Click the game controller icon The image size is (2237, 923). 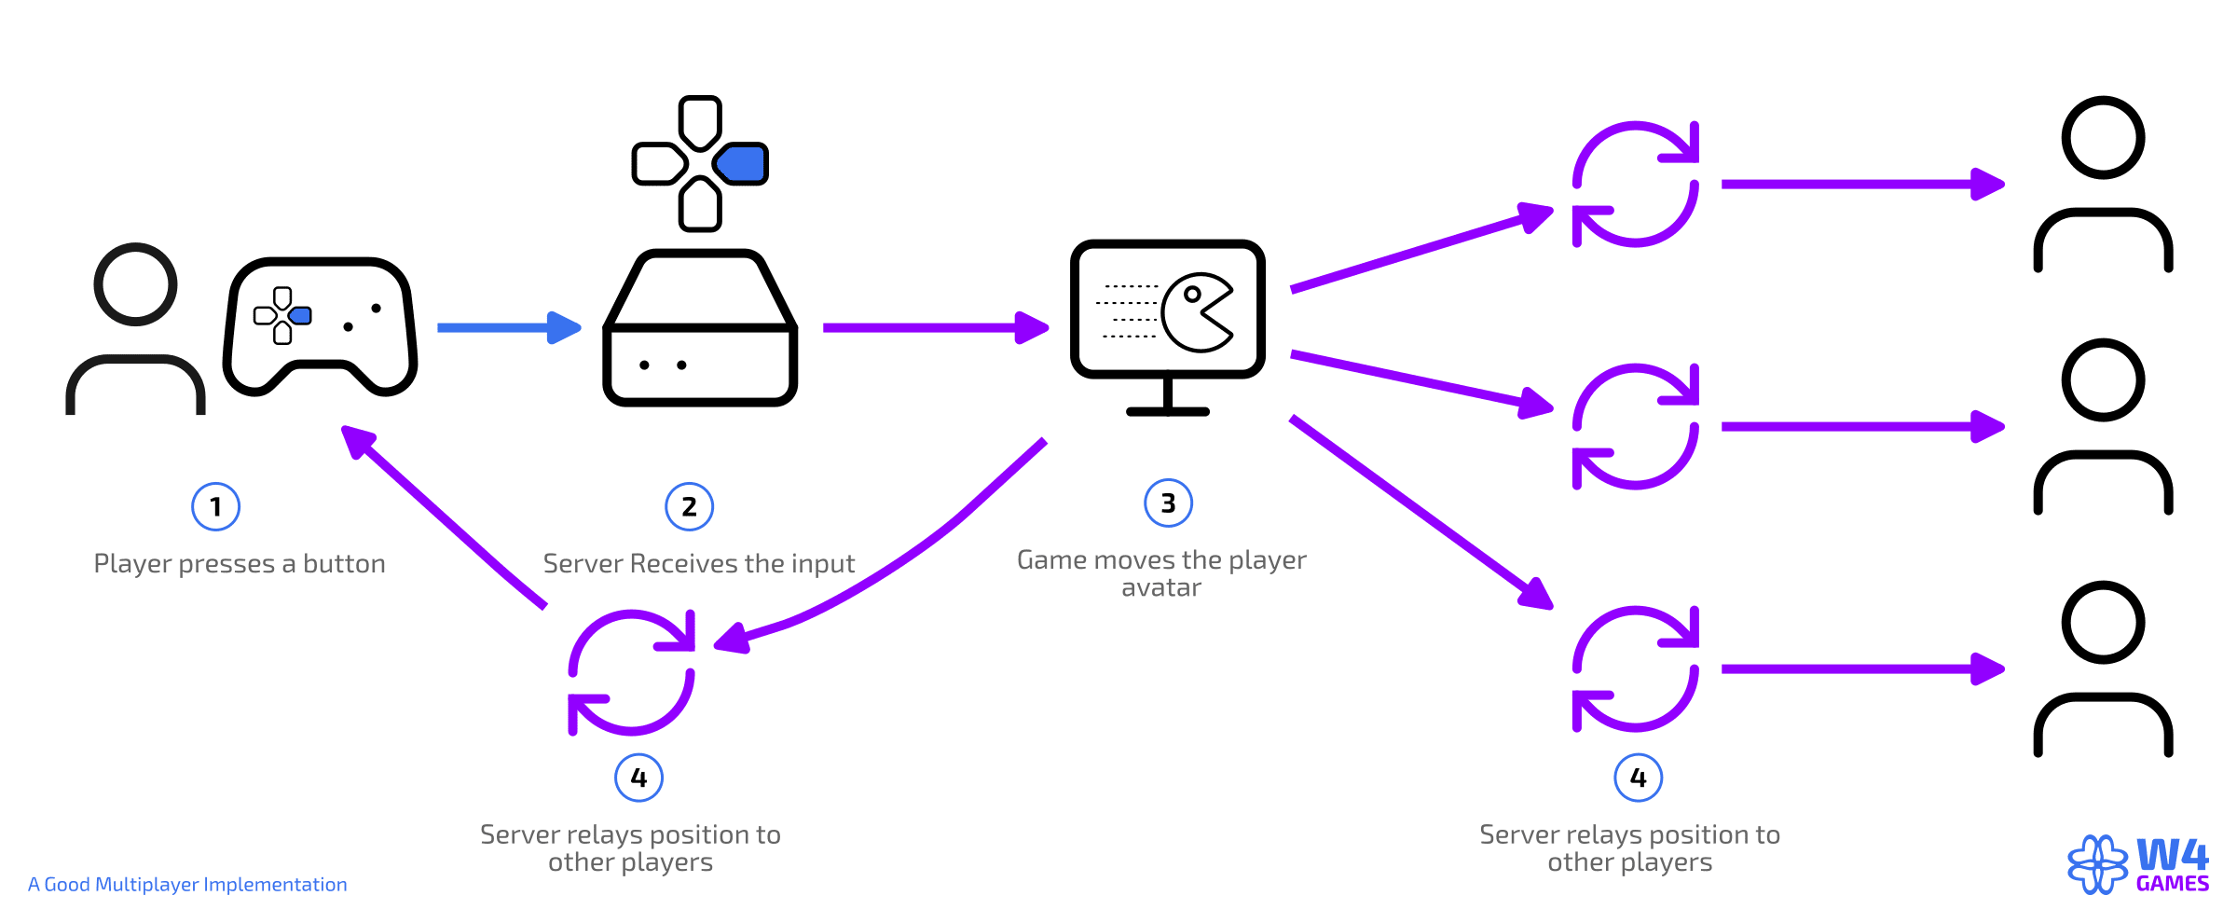(x=320, y=326)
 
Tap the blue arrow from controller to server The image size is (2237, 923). (x=508, y=327)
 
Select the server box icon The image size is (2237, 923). (x=700, y=328)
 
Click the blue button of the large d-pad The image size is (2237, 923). (x=743, y=164)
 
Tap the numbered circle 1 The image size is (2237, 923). (x=215, y=506)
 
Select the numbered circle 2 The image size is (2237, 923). (x=689, y=506)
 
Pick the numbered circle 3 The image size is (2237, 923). (x=1168, y=503)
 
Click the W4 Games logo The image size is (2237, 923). (x=2138, y=864)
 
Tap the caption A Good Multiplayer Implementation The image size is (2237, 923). (x=187, y=884)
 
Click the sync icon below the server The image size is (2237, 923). (x=632, y=672)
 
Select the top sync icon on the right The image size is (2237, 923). (x=1635, y=184)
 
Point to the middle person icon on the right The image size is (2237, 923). (x=2103, y=426)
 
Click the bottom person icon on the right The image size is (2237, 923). (x=2103, y=668)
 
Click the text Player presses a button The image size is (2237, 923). (x=240, y=564)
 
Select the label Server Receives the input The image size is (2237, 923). (x=698, y=564)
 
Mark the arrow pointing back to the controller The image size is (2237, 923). (x=443, y=517)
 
